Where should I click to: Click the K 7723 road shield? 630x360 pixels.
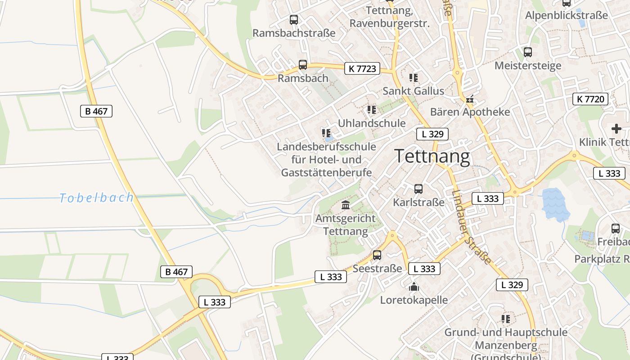point(362,68)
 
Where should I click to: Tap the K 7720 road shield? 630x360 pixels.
point(590,99)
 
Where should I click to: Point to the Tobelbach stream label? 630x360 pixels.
point(97,198)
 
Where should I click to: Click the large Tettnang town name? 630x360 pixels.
point(432,156)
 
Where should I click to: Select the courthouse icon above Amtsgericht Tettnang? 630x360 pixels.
point(346,205)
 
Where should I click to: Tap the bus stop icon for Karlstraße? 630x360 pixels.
point(418,189)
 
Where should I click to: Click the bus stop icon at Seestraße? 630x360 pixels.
point(377,255)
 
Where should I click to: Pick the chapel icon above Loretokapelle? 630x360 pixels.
point(414,287)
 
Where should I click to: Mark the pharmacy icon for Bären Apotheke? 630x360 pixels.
point(470,99)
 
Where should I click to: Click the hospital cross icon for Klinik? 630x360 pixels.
point(616,129)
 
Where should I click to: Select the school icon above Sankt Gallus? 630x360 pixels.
point(413,78)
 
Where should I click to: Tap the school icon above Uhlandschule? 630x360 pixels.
point(371,110)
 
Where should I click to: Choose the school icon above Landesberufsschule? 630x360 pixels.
point(326,133)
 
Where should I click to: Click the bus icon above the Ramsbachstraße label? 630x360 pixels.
point(294,20)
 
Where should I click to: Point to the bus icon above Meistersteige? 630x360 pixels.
point(528,52)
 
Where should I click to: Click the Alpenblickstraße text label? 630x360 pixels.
point(567,16)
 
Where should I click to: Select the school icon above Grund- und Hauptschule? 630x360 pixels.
point(506,319)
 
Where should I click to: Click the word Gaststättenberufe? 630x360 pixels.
point(326,172)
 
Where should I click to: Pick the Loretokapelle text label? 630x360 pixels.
point(414,300)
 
